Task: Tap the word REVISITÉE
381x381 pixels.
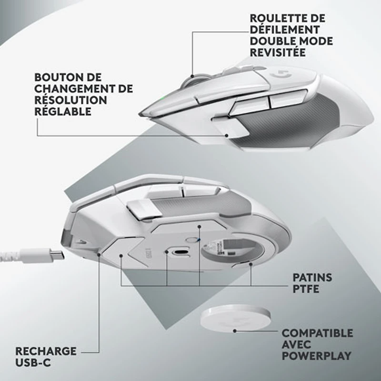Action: [x=278, y=52]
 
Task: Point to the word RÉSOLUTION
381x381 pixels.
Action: [x=64, y=100]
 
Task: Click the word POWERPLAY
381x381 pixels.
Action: [x=317, y=355]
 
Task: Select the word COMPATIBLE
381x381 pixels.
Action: [x=318, y=332]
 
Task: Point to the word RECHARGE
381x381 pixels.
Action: [x=46, y=351]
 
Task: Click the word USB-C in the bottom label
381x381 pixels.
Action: [x=33, y=362]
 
